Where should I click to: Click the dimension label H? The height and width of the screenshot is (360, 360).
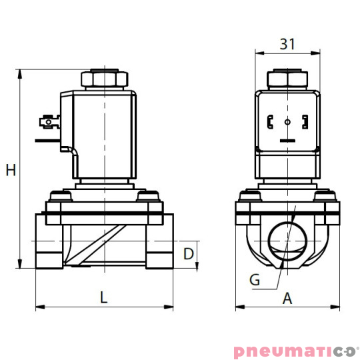point(11,171)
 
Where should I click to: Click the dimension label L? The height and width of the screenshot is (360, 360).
point(103,298)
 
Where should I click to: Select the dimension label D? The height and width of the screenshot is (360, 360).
point(189,254)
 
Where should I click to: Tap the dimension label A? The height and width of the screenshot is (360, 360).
point(287,299)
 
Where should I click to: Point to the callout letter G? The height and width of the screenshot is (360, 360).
point(255,280)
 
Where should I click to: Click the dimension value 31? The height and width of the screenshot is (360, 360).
point(287,44)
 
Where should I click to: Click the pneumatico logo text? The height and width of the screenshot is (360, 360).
point(296,351)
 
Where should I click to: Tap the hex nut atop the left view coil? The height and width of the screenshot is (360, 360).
point(104,79)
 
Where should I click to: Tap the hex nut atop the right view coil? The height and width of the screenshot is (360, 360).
point(287,79)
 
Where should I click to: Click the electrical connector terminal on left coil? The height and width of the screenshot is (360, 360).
point(47,123)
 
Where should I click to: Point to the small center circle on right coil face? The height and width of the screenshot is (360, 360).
point(287,123)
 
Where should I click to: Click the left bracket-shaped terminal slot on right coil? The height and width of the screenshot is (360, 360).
point(270,123)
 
